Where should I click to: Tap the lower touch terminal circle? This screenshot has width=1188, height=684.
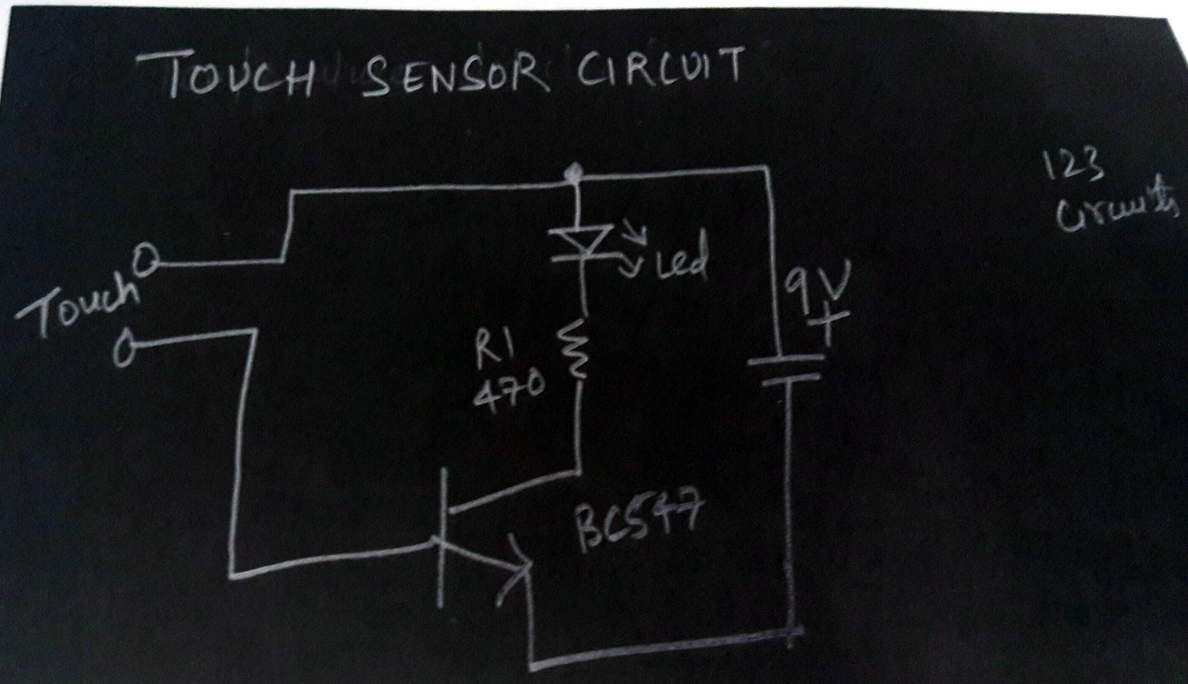[x=125, y=348]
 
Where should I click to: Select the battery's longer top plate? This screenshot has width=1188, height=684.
[x=785, y=360]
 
